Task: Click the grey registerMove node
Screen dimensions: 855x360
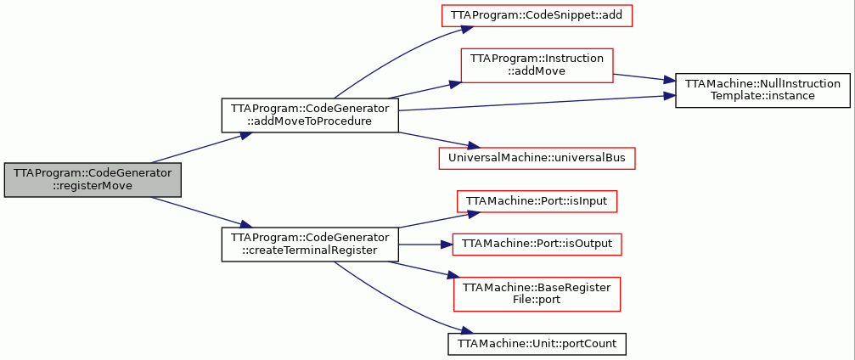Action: click(x=93, y=180)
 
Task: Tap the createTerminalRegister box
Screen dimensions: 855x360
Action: click(x=310, y=245)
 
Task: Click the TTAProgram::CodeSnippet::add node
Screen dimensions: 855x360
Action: click(x=537, y=15)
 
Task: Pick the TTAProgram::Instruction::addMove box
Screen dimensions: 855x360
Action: click(x=537, y=66)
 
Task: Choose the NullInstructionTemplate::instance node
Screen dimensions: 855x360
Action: click(x=762, y=90)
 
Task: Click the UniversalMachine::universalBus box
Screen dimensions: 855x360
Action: click(x=537, y=158)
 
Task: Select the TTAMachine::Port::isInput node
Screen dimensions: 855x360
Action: click(x=537, y=201)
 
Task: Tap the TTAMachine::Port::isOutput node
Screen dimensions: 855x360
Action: click(x=537, y=245)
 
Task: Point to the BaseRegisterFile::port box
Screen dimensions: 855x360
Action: click(x=537, y=295)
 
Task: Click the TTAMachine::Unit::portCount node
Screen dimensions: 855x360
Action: click(x=537, y=344)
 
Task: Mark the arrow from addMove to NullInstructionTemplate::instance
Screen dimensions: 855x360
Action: click(x=644, y=78)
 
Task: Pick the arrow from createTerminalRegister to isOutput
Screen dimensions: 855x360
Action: click(x=426, y=245)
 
